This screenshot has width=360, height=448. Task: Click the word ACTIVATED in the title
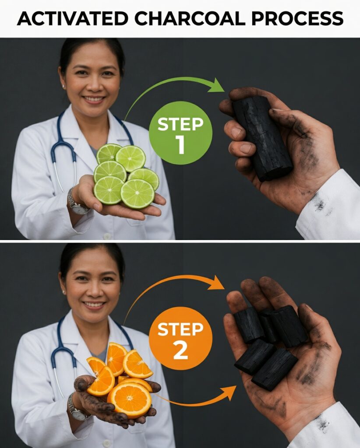click(72, 18)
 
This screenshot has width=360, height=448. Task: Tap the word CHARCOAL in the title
click(190, 18)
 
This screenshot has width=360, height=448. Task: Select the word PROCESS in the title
click(297, 18)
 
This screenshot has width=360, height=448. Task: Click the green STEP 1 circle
click(180, 133)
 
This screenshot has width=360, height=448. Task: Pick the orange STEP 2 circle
click(180, 338)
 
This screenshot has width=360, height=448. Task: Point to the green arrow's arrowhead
click(217, 85)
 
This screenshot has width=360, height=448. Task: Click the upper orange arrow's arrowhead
click(216, 283)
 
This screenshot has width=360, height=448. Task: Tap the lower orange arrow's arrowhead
click(228, 393)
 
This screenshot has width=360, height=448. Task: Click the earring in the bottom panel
click(64, 292)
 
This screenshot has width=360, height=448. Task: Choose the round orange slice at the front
click(129, 400)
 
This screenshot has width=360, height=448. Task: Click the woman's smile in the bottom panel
click(93, 304)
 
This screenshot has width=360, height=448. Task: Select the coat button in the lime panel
click(107, 236)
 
